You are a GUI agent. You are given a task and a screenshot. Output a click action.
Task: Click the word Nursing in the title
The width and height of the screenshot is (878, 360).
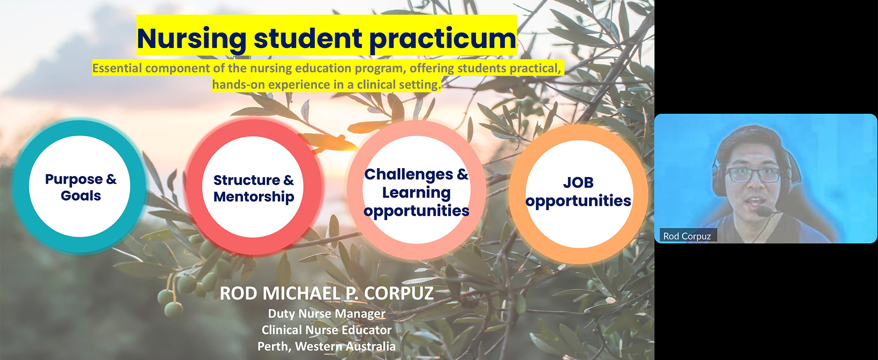pos(191,39)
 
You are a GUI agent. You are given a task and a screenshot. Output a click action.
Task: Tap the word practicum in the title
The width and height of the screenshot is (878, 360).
pos(443,39)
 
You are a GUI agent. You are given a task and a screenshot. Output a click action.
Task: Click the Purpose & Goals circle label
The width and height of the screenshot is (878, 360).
pos(81,187)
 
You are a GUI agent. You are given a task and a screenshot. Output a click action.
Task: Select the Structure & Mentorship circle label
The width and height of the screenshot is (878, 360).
pos(254,188)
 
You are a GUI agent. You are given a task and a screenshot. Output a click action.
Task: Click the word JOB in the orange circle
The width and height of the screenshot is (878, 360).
pos(578,182)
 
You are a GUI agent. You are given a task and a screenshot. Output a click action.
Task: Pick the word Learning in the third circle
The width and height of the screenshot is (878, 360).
pos(416,192)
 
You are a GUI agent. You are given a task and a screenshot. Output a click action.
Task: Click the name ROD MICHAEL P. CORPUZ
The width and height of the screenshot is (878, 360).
pos(327,294)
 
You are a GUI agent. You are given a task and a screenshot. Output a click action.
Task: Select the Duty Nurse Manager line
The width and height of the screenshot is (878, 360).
pos(327,313)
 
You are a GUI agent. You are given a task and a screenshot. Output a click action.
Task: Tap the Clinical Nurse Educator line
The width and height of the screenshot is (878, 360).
pos(327,330)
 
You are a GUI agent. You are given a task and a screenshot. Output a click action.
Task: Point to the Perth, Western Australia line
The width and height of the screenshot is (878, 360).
pos(327,346)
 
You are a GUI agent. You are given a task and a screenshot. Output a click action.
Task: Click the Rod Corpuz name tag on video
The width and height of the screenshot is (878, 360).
pos(687,236)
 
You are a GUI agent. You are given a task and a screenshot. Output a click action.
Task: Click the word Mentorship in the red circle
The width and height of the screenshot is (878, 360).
pos(254,197)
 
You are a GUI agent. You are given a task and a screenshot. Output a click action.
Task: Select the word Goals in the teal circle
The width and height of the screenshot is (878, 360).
pos(81,196)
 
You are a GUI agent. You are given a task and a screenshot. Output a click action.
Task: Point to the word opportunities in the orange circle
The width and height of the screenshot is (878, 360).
pos(578,201)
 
